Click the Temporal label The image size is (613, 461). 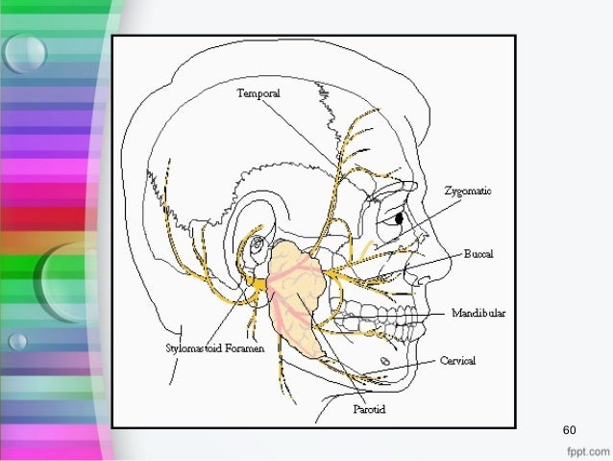(x=260, y=93)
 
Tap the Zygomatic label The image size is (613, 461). (x=468, y=191)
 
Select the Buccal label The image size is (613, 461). (x=478, y=254)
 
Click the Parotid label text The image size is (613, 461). (x=371, y=408)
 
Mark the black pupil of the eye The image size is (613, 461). (x=399, y=219)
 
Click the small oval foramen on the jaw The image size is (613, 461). (x=385, y=361)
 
